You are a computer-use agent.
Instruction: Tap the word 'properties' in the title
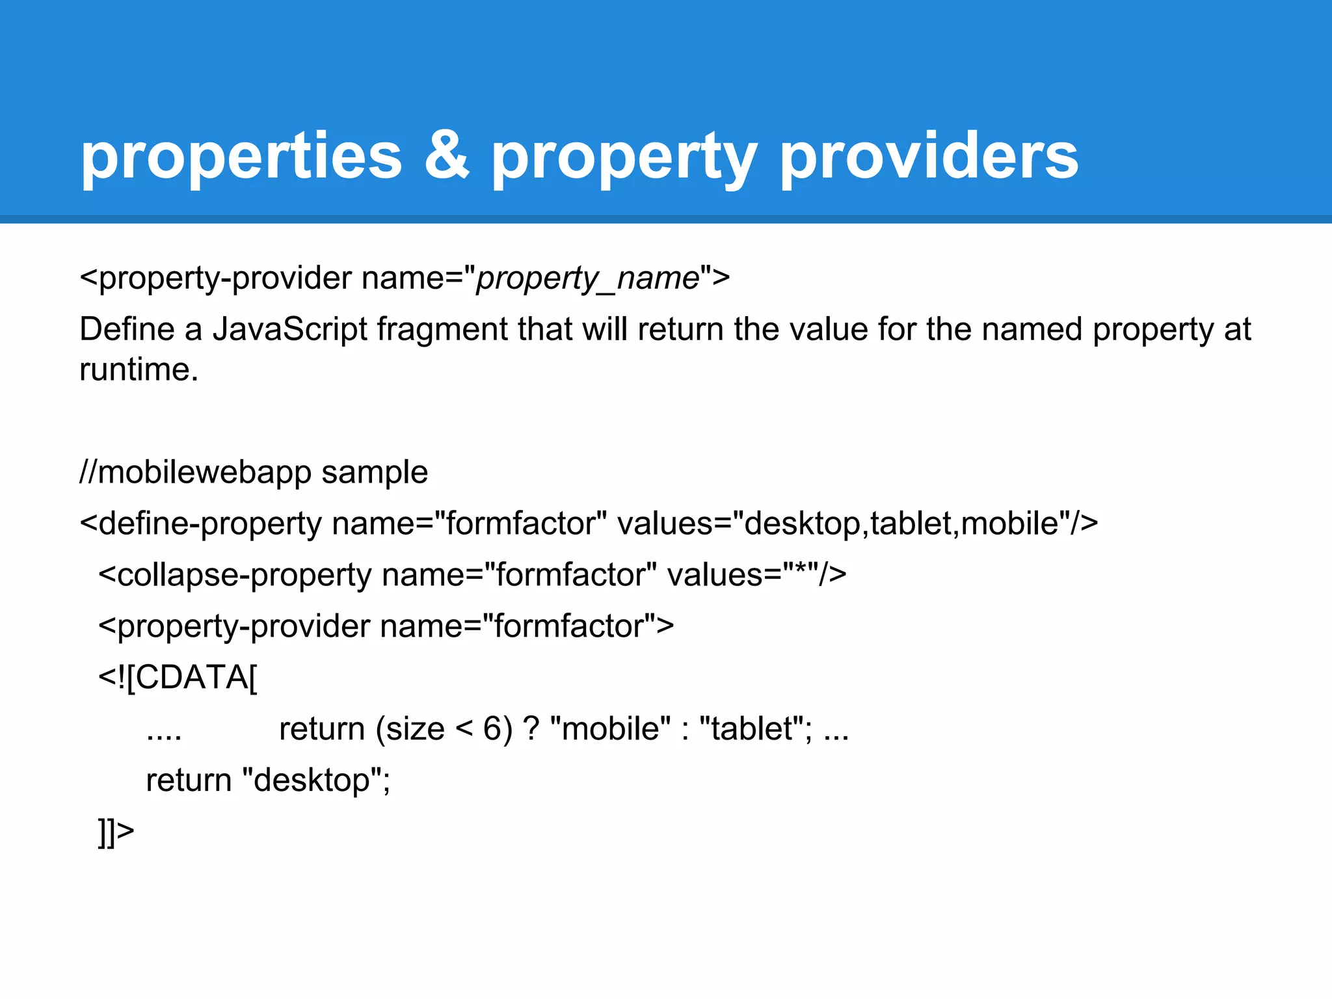pos(241,158)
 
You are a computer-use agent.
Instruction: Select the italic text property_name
pos(587,279)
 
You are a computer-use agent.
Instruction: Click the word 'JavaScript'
pos(289,329)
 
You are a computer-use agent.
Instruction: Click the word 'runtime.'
pos(139,369)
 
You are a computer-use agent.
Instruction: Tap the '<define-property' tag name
pos(200,524)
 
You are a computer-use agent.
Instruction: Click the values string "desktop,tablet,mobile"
pos(901,524)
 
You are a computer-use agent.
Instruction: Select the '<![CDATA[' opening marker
pos(178,678)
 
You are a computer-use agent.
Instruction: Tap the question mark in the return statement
pos(531,729)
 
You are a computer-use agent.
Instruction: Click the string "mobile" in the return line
pos(610,729)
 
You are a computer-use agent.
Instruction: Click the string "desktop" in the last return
pos(311,780)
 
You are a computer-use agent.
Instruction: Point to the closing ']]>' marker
pos(116,831)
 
